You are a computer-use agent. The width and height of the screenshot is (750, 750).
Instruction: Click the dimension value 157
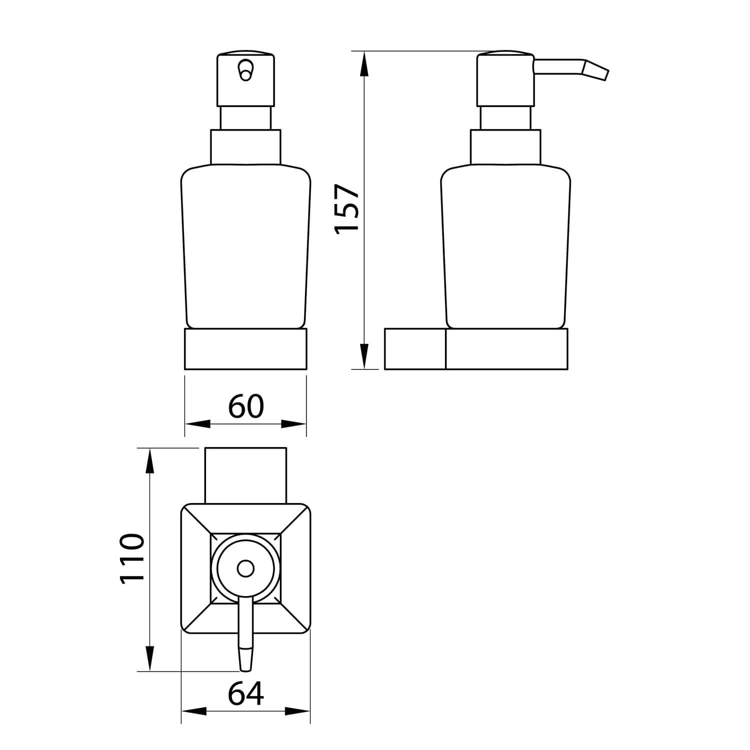coord(346,207)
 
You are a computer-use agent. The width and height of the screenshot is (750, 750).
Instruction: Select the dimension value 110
coord(132,558)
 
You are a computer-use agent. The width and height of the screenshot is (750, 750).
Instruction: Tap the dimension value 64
coord(245,694)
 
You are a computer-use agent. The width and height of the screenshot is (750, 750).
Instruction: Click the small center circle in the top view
coord(245,569)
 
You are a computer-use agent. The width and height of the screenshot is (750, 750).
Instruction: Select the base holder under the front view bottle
coord(245,349)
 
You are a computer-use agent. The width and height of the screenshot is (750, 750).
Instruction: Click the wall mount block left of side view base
coord(415,349)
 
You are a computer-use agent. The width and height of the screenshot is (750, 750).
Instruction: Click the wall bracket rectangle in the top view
coord(245,475)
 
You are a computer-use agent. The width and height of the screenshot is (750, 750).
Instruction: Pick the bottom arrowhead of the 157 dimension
coord(364,357)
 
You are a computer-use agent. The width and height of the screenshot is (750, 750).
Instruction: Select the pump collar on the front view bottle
coord(245,146)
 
